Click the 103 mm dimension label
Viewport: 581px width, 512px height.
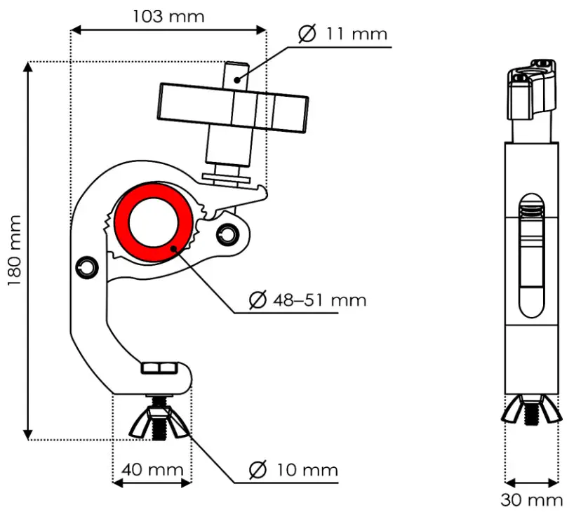pyautogui.click(x=168, y=15)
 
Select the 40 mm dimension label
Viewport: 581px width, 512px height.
pyautogui.click(x=152, y=469)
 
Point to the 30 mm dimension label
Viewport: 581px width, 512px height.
pyautogui.click(x=531, y=499)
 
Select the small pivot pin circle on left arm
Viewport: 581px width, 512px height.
pyautogui.click(x=86, y=267)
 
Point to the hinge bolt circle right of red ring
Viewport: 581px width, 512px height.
pyautogui.click(x=226, y=232)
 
